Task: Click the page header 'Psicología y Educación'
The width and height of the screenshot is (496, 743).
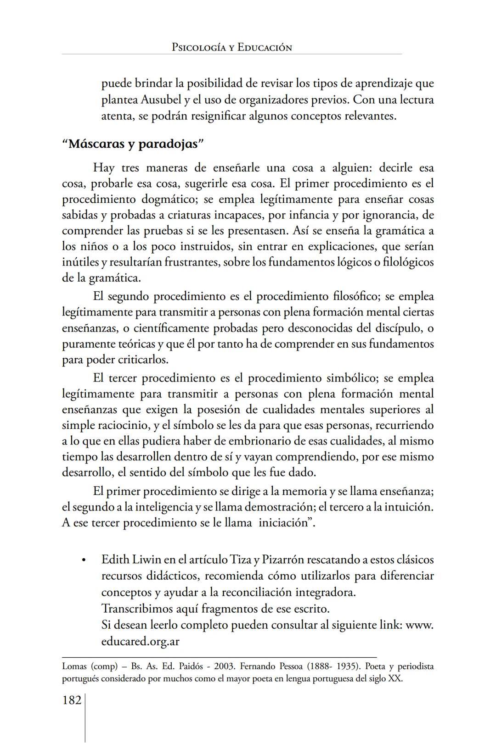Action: point(231,47)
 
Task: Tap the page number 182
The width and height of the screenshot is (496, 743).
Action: point(72,700)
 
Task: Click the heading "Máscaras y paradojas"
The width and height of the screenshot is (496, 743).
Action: point(133,144)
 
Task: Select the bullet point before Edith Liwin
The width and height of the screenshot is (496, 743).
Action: point(83,560)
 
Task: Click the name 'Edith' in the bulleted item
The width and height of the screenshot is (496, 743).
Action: point(115,560)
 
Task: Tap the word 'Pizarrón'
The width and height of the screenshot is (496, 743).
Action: point(283,560)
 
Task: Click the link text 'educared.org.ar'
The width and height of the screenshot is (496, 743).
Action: point(140,641)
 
